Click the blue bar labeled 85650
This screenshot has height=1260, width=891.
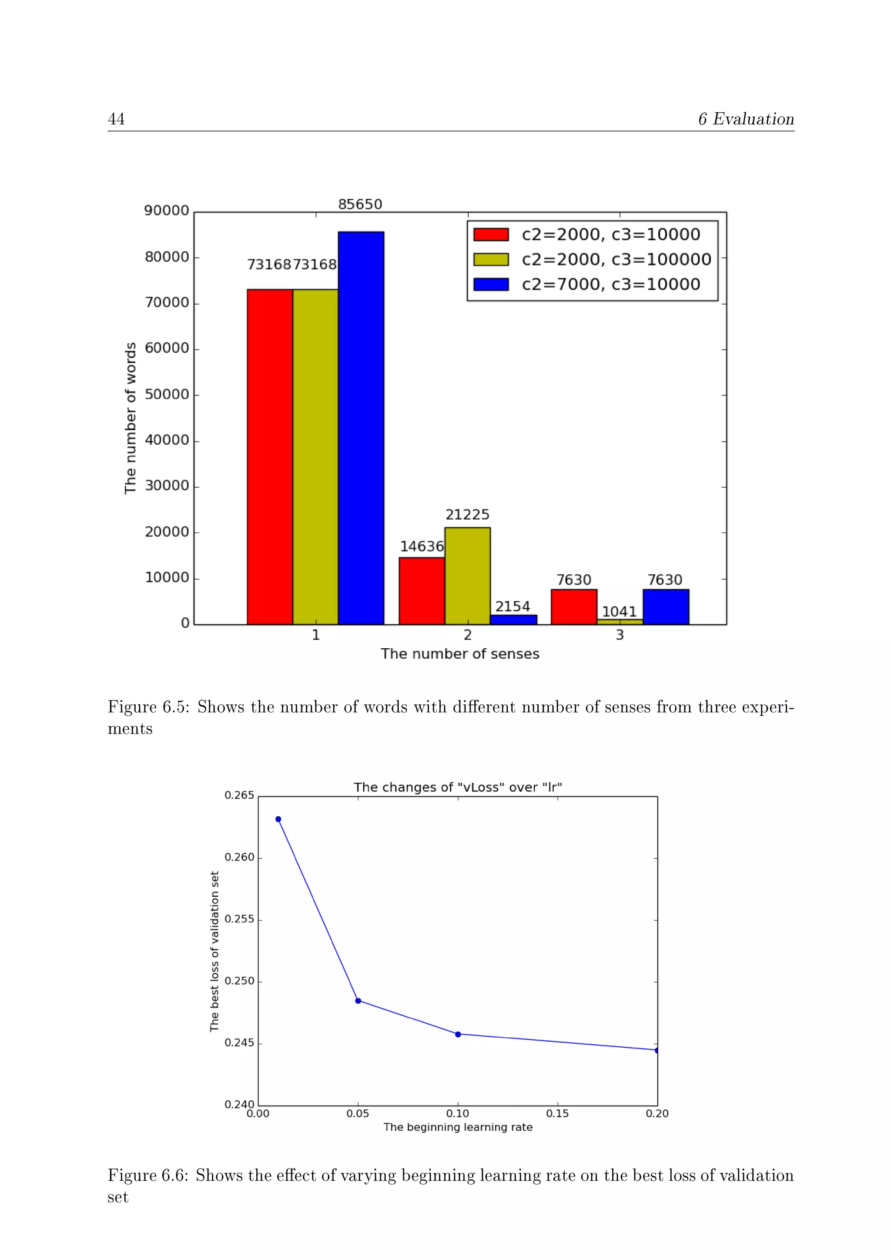361,428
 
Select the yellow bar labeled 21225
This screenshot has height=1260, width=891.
467,576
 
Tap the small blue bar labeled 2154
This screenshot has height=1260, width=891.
513,620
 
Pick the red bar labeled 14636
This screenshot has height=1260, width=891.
422,590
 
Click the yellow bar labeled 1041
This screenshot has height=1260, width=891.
620,622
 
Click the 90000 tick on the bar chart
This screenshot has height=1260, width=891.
166,211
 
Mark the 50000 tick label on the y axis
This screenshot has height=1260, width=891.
166,395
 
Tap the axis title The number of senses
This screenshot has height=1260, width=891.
460,653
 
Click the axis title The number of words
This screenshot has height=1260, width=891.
130,418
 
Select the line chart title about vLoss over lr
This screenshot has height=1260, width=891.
458,787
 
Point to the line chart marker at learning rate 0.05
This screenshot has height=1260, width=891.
358,1001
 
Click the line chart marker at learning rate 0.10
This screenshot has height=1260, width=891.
458,1035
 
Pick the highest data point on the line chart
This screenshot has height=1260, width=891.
278,819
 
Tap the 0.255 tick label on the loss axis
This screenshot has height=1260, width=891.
239,919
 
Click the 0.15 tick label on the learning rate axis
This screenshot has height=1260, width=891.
557,1113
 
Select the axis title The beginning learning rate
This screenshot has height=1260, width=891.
458,1127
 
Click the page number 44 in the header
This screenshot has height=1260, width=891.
116,119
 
